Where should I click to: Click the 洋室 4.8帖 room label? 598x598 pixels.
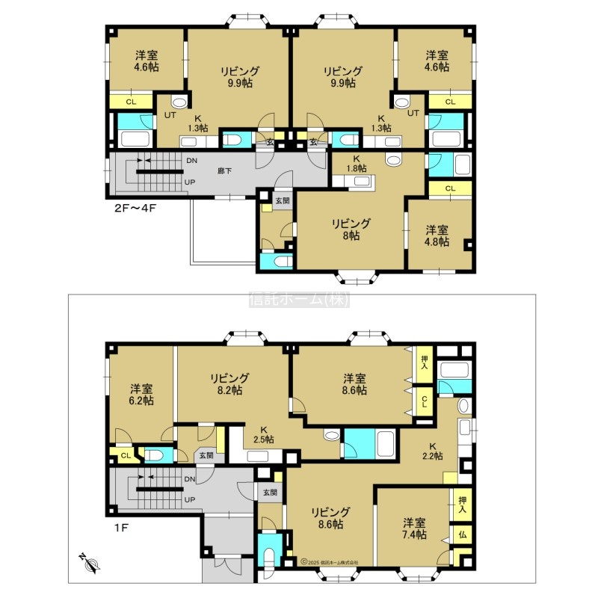click(x=437, y=235)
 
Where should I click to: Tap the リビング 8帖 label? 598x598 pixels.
click(x=351, y=229)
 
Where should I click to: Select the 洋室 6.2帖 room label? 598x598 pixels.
click(x=142, y=395)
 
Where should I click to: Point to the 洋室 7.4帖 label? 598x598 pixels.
click(x=415, y=528)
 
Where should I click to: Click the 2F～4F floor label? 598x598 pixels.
click(x=135, y=209)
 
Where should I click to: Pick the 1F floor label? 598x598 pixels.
click(x=121, y=528)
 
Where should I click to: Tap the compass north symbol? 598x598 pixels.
click(x=90, y=563)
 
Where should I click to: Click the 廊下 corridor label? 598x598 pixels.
click(x=225, y=171)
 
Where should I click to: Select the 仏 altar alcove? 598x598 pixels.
click(x=462, y=534)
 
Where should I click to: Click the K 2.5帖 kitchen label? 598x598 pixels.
click(x=264, y=435)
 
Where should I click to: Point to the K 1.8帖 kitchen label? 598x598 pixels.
click(x=357, y=163)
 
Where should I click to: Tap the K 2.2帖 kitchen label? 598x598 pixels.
click(x=433, y=451)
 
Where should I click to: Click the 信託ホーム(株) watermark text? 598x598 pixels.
click(x=300, y=300)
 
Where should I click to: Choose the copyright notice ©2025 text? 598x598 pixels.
click(x=330, y=562)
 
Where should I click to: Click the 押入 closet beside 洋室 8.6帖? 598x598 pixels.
click(x=425, y=364)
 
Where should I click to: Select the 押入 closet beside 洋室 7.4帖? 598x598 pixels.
click(x=462, y=505)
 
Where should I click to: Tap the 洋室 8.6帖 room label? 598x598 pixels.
click(x=354, y=384)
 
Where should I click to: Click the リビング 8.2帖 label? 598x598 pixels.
click(x=229, y=384)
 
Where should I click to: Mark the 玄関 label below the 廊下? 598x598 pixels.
click(x=283, y=200)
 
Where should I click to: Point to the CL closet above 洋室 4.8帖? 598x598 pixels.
click(x=451, y=188)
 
